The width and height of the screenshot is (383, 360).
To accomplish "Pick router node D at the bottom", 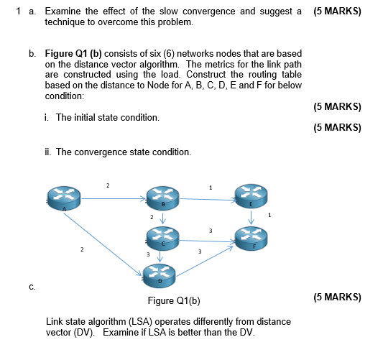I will click(160, 274).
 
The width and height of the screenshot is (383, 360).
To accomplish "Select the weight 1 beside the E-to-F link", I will click(269, 215).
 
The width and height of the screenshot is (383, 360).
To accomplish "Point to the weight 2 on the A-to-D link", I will click(82, 249).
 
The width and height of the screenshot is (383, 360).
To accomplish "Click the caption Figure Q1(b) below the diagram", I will click(173, 300).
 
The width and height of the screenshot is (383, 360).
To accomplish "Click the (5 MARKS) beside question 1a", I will click(338, 11).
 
